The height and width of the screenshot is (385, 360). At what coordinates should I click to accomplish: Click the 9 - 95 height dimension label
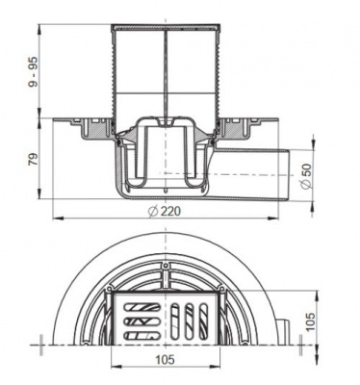[33, 73]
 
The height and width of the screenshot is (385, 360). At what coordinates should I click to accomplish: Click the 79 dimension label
[33, 159]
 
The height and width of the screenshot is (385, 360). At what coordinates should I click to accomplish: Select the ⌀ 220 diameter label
[165, 211]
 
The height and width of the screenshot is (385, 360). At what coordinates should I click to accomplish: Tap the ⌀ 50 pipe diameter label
[306, 176]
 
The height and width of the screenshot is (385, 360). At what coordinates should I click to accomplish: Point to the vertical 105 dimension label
[310, 321]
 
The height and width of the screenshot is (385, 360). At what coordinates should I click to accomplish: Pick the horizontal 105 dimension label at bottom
[166, 359]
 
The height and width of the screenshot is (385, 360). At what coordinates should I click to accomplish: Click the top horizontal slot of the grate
[142, 307]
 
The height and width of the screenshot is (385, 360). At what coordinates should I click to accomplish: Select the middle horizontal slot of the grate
[142, 321]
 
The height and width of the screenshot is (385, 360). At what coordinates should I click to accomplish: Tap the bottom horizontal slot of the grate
[142, 336]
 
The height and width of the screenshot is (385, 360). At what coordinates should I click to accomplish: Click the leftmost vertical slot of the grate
[175, 321]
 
